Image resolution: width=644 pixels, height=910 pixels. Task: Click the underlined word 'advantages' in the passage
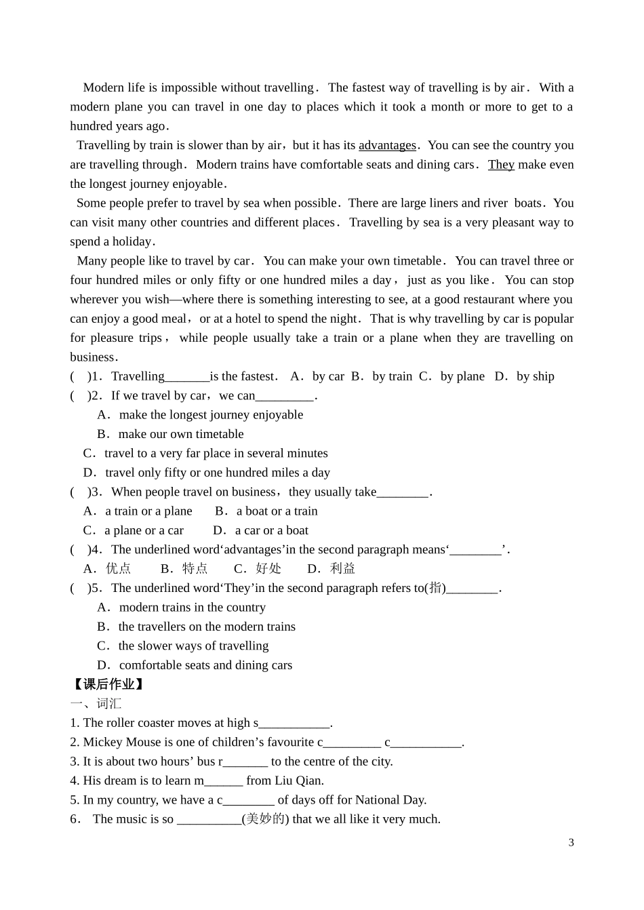(x=387, y=145)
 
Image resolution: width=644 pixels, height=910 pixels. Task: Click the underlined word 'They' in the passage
(x=501, y=165)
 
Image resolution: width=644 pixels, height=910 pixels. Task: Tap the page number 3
(x=571, y=843)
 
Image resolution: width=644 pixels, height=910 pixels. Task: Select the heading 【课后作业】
(x=108, y=684)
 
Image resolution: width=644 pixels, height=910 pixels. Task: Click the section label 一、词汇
(x=96, y=704)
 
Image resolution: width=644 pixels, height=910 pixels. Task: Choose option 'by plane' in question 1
(x=462, y=376)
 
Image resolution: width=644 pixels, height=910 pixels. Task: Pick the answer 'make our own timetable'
(x=180, y=434)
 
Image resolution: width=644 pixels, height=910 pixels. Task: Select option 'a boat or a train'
(x=277, y=511)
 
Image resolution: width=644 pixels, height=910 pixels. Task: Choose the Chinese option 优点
(x=118, y=569)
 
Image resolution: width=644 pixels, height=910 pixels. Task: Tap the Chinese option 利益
(x=342, y=569)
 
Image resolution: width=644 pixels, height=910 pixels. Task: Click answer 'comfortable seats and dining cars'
(x=205, y=665)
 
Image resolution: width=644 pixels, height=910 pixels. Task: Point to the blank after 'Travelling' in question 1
(x=187, y=377)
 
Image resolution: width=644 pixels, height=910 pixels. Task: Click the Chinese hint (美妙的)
(x=265, y=819)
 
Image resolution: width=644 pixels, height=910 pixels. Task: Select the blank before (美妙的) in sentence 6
(x=209, y=820)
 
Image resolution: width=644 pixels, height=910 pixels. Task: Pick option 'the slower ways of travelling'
(x=193, y=646)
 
